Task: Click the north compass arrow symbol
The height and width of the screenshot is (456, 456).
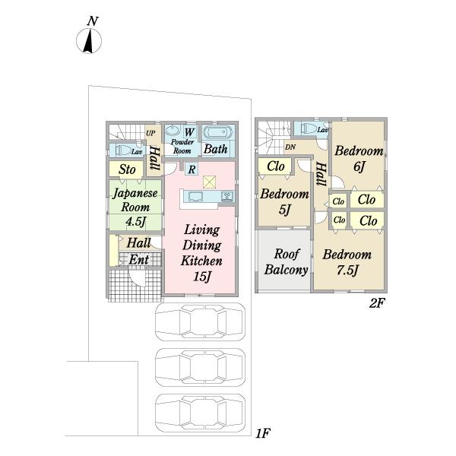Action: (88, 41)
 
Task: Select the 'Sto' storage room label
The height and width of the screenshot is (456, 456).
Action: (127, 169)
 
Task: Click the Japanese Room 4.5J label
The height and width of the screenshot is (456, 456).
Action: (135, 207)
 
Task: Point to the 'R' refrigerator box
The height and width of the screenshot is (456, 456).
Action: (192, 169)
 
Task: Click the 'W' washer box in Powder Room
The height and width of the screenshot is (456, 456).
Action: (189, 132)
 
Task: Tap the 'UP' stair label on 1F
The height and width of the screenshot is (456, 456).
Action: (150, 134)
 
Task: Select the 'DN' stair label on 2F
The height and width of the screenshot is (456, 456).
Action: (290, 147)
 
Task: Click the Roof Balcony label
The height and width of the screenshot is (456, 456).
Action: (287, 261)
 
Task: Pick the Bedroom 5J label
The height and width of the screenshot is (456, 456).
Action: (284, 201)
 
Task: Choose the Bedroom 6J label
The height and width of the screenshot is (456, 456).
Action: (359, 159)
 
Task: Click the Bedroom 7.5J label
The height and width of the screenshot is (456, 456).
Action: (347, 262)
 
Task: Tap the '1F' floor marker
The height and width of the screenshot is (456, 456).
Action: (263, 433)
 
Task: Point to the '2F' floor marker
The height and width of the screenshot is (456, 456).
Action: (377, 303)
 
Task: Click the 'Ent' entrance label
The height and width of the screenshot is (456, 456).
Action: (139, 260)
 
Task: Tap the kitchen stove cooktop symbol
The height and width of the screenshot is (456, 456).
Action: (227, 196)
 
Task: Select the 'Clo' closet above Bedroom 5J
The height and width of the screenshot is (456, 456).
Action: (275, 166)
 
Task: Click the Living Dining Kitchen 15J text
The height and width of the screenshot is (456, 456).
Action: (201, 253)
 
